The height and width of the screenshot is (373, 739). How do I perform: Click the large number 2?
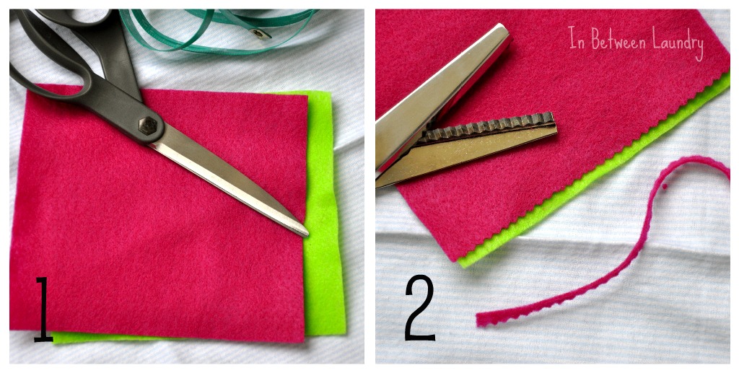pyautogui.click(x=420, y=310)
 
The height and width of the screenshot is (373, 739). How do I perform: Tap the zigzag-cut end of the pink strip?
pyautogui.click(x=482, y=319)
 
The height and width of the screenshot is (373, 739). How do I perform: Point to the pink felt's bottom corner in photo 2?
pyautogui.click(x=455, y=256)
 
